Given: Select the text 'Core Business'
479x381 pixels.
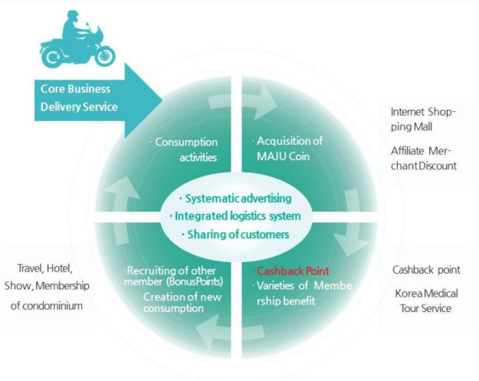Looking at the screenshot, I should click(x=75, y=89).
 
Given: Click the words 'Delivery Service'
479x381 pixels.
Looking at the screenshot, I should click(x=79, y=107).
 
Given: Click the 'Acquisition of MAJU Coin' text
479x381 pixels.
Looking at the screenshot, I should click(x=287, y=148).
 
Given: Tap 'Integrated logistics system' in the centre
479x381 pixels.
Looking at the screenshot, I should click(x=241, y=215).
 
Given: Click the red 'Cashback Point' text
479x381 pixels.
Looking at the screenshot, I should click(x=292, y=271).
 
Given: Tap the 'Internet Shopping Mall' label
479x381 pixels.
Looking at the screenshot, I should click(x=422, y=118).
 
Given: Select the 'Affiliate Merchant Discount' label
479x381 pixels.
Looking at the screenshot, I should click(x=422, y=158).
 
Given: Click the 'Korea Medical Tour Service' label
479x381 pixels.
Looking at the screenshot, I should click(x=426, y=301).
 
